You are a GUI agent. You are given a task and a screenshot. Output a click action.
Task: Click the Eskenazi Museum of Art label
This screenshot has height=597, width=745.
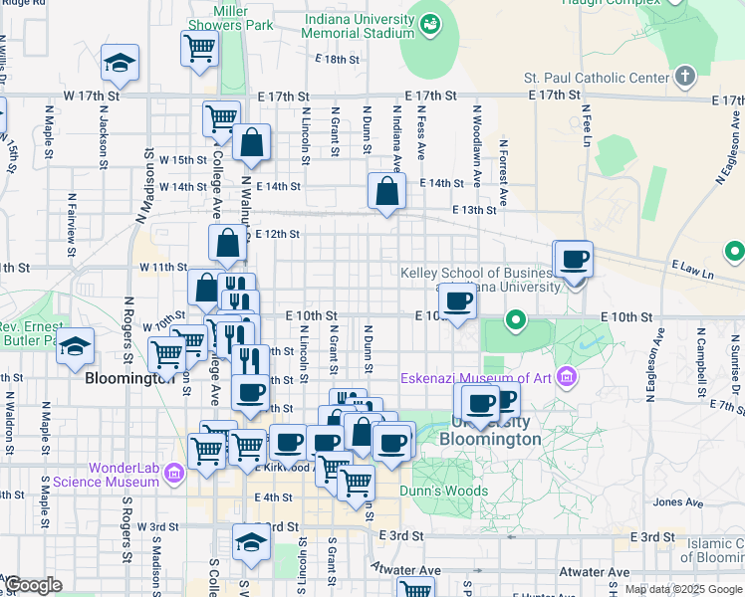coord(477,378)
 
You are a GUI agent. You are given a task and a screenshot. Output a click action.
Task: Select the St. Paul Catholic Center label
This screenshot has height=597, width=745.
coord(596,78)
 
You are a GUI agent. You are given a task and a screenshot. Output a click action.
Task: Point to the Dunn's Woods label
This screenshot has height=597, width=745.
coord(443,491)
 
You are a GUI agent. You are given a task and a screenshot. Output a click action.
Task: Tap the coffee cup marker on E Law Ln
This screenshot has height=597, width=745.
coord(573,260)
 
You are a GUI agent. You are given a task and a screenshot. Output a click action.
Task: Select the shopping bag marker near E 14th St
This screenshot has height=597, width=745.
coord(385,190)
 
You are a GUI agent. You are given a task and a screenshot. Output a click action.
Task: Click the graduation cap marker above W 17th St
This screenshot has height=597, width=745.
coord(120,63)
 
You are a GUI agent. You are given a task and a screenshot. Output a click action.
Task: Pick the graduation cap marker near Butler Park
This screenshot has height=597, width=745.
coord(75,347)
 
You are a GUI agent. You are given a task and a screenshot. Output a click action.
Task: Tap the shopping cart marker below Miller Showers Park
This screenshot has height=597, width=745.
coord(200,46)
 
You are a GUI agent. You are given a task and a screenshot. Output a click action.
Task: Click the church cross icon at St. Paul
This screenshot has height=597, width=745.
coord(683,77)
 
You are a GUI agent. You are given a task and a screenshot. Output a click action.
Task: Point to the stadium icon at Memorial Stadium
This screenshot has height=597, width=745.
coord(430,22)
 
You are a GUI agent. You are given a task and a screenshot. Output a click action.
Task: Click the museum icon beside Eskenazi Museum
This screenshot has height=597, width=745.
coord(567,377)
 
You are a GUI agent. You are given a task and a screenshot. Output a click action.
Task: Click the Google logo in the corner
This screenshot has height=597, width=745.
coord(32,584)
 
